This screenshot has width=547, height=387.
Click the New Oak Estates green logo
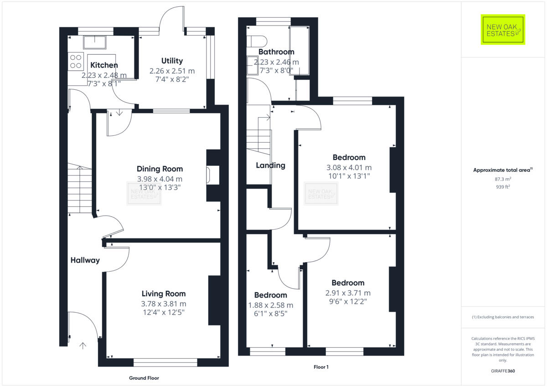[x=503, y=30]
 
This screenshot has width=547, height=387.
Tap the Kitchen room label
[x=104, y=65]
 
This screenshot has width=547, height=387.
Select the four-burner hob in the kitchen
[x=75, y=62]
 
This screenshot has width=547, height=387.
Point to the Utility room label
[x=172, y=61]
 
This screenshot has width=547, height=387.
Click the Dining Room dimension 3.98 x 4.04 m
[x=160, y=179]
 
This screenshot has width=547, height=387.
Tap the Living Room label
[x=163, y=294]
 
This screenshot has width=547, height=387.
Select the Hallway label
[x=85, y=260]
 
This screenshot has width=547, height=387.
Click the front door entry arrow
[x=83, y=346]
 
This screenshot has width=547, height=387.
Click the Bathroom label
[x=276, y=52]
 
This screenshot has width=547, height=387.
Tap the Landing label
[x=270, y=165]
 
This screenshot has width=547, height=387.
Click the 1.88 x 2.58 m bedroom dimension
[x=270, y=305]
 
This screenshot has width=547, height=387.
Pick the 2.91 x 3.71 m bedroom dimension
[x=348, y=293]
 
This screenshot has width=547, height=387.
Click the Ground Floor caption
[x=144, y=378]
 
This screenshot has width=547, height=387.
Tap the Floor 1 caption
[x=321, y=367]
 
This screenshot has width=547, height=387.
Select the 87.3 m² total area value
[x=503, y=179]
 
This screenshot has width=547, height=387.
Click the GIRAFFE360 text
[x=503, y=371]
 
